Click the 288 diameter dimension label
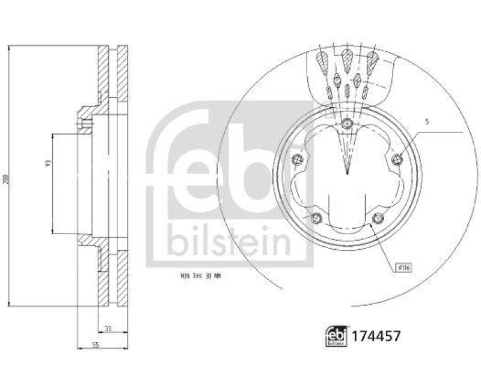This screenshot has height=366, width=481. (6, 179)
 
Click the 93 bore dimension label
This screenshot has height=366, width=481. (48, 163)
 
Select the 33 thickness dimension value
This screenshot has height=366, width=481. (108, 328)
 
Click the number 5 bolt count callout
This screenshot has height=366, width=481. (427, 122)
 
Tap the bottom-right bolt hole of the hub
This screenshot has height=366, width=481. (377, 217)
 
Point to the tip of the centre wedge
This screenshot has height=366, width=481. (347, 173)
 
